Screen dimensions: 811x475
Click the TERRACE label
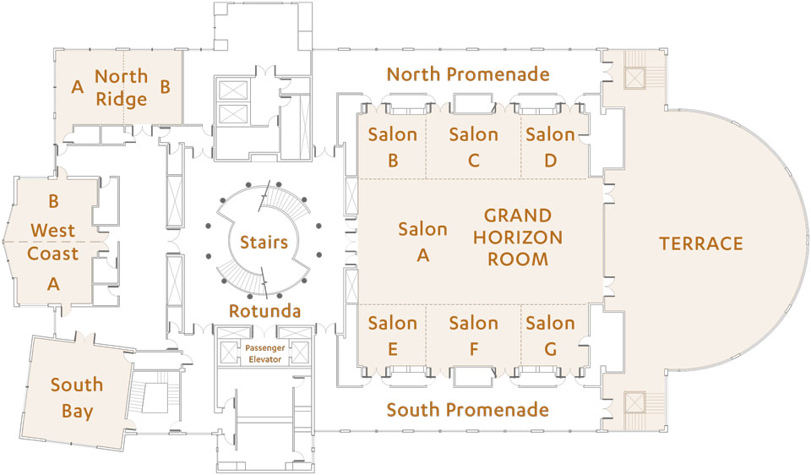coord(701,243)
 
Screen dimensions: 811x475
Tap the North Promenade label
coord(468,74)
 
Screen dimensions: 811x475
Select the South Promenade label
coord(467,410)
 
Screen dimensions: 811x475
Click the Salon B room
coord(392,146)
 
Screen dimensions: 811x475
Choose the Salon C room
coord(474,146)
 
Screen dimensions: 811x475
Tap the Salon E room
coord(392,336)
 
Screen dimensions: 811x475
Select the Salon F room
coord(474,336)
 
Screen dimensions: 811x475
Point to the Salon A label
coord(422,242)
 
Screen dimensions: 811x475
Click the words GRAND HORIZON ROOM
coord(518,237)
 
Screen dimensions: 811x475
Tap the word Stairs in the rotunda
coord(264,242)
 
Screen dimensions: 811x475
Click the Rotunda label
coord(264,311)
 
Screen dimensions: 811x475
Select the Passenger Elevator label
coord(264,353)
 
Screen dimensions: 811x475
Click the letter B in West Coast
coord(53,201)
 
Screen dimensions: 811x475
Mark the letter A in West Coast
coord(53,283)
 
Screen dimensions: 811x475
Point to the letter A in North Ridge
coord(78,86)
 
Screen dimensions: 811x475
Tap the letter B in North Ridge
coord(165,86)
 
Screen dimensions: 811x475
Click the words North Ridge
coord(122,87)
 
